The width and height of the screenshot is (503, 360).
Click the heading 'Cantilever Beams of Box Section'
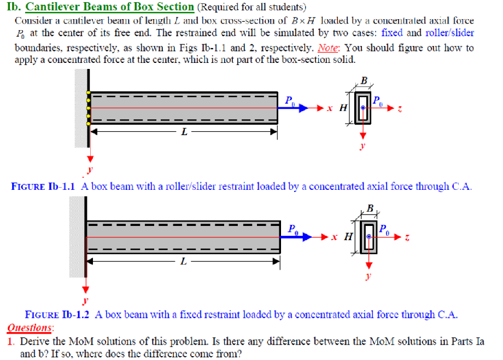[x=110, y=7]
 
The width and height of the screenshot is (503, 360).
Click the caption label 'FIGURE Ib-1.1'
[x=43, y=186]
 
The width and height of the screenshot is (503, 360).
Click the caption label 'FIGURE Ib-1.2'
[x=57, y=315]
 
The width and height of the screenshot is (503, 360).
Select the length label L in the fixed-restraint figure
[x=183, y=261]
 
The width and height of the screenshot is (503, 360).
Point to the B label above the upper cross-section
[x=364, y=80]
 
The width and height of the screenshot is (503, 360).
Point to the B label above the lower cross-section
[x=370, y=208]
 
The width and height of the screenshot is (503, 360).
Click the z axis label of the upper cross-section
[x=400, y=108]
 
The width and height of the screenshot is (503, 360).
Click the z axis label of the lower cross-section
[x=407, y=236]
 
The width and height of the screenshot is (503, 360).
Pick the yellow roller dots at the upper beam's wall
[x=87, y=108]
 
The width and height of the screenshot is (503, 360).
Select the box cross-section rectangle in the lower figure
[x=370, y=236]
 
